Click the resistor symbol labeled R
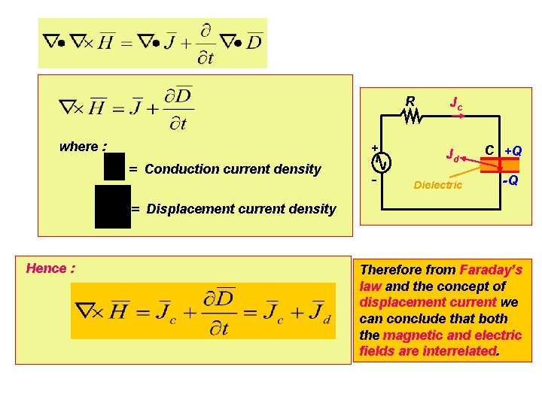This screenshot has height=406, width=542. pyautogui.click(x=410, y=117)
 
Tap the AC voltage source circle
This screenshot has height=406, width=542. pyautogui.click(x=382, y=162)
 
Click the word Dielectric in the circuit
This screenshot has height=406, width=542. pyautogui.click(x=438, y=185)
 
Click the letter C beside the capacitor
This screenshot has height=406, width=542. pyautogui.click(x=489, y=150)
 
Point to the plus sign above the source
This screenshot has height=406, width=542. pyautogui.click(x=375, y=147)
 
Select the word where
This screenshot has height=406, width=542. pyautogui.click(x=79, y=147)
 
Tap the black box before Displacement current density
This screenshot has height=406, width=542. pyautogui.click(x=113, y=206)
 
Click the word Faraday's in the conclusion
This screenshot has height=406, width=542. pyautogui.click(x=491, y=270)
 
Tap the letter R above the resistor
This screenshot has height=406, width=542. pyautogui.click(x=410, y=101)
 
